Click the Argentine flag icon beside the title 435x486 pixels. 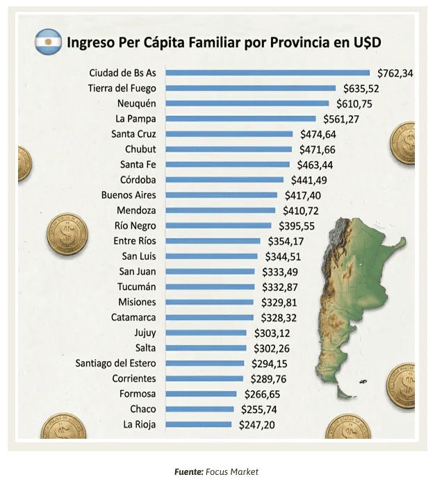(x=48, y=42)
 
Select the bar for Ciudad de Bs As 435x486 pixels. (x=268, y=73)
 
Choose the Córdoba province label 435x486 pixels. (x=138, y=180)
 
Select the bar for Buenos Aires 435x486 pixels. (x=222, y=195)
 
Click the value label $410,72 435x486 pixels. (x=302, y=210)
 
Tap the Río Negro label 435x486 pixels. (x=135, y=226)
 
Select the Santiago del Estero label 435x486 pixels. (x=116, y=363)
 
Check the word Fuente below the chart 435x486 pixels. (x=189, y=472)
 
